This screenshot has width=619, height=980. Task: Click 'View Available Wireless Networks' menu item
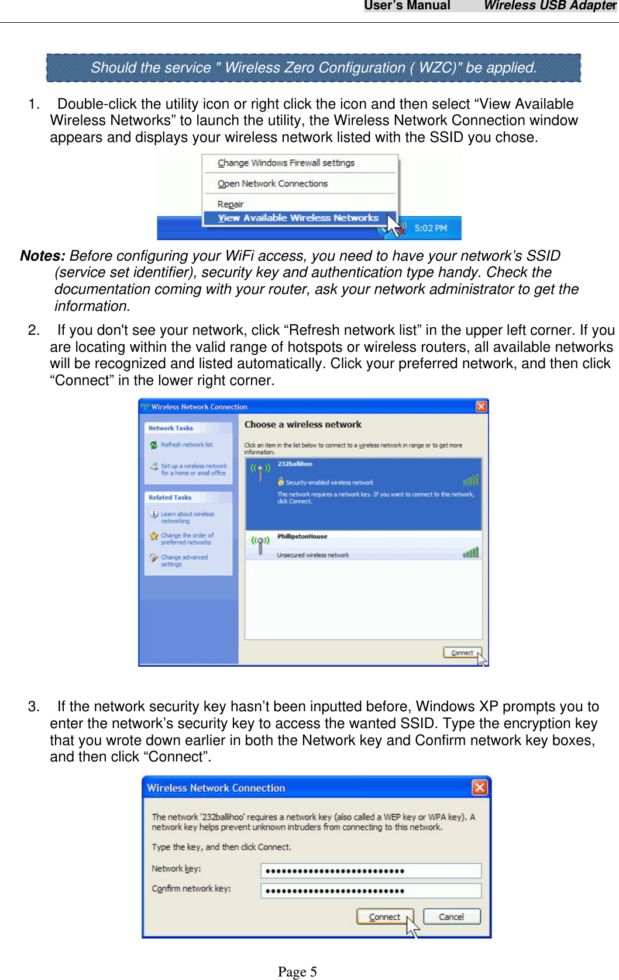point(298,218)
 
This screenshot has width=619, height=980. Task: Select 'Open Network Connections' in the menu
point(273,183)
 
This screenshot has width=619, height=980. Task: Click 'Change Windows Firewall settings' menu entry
point(286,163)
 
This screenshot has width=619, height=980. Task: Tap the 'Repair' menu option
point(231,204)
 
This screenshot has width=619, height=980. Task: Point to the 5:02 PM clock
point(431,228)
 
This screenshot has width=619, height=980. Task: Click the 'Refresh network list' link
point(187,445)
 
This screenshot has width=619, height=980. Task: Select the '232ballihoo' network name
point(295,464)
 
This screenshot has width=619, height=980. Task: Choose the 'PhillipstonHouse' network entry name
point(302,536)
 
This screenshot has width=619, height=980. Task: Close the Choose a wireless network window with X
point(481,407)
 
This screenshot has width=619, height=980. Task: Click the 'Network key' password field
point(371,871)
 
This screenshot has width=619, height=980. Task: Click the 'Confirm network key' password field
point(371,891)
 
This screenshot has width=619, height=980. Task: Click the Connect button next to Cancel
point(385,917)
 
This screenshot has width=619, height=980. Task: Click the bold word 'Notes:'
point(42,256)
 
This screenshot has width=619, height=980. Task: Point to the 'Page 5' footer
point(297,971)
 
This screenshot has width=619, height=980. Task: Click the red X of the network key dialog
point(480,788)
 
